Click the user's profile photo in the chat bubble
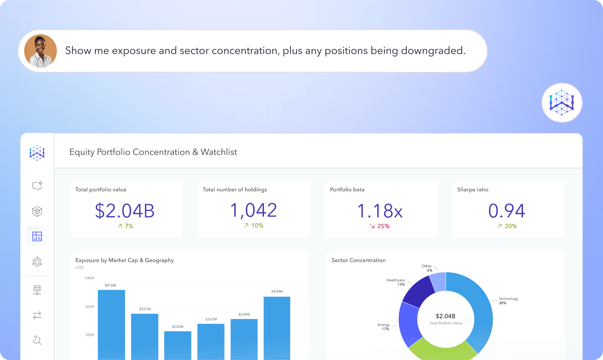pos(41,51)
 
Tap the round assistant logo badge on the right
pos(562,102)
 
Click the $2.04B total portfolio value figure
pos(125,211)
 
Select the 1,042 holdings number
pos(254,210)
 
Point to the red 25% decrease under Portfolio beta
pos(380,226)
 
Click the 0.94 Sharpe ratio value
pos(507,211)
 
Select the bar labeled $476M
pos(111,325)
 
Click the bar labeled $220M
pos(178,346)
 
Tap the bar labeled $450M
pos(277,328)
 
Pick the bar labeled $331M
pos(145,337)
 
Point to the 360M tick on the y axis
pos(90,306)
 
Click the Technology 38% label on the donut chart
pos(508,301)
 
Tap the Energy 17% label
pos(384,327)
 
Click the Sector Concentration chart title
pos(358,260)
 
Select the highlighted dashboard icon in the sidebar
pos(37,236)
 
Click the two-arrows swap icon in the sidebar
pos(37,315)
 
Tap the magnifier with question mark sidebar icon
pos(37,340)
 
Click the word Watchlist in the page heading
pos(219,152)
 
